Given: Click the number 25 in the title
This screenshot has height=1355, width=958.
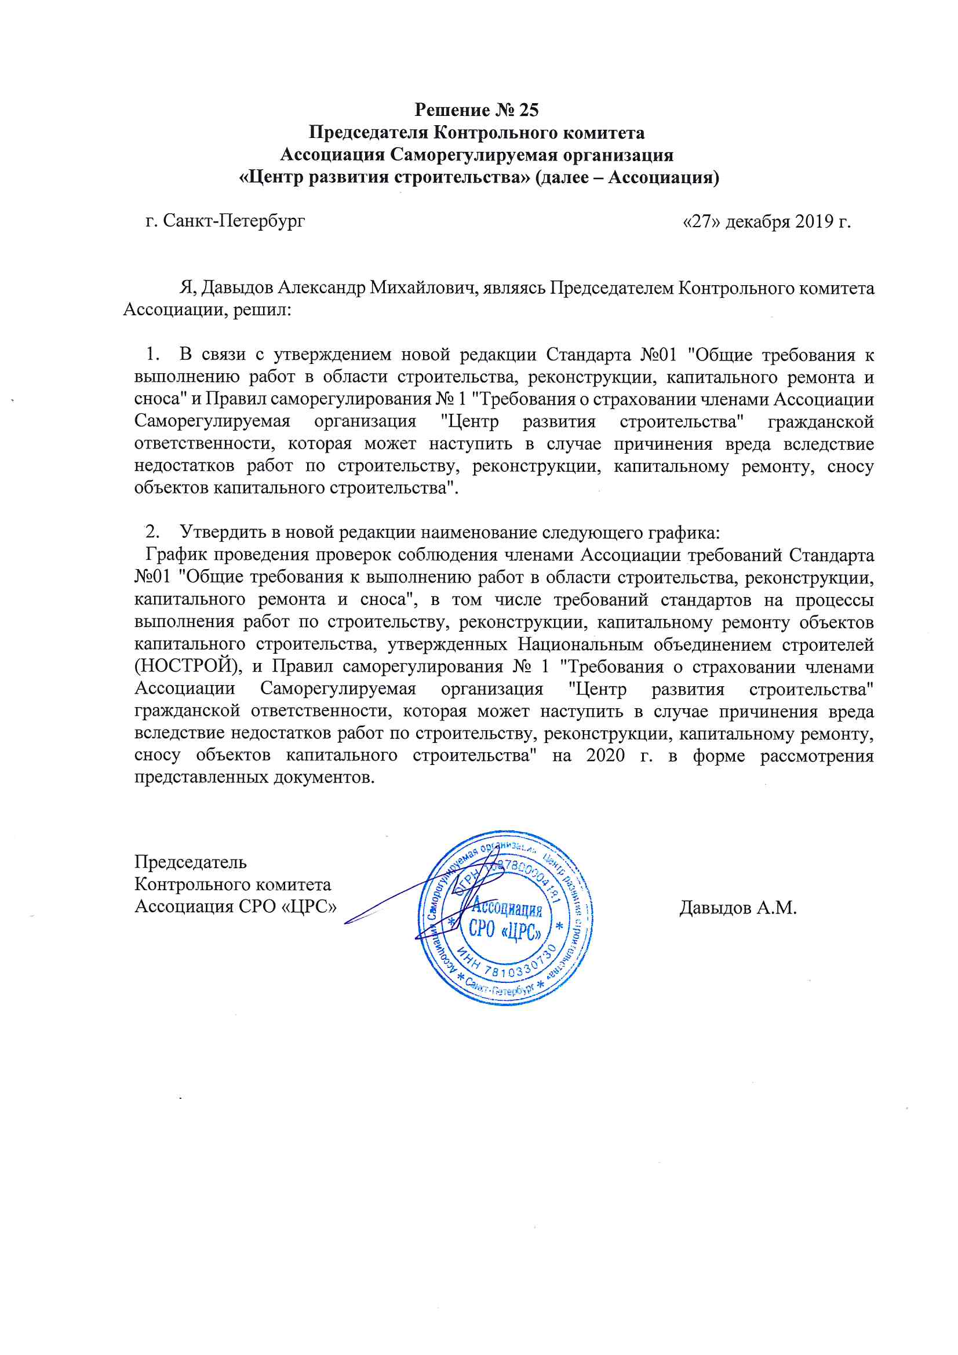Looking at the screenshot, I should coord(529,110).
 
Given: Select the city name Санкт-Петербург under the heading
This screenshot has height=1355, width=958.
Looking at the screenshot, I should coord(234,221).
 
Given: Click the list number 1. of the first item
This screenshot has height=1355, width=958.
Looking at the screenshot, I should coord(153,354).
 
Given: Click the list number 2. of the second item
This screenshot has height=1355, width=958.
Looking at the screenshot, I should coord(153,531).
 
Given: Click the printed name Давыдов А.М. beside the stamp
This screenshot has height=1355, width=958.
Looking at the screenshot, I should coord(738,907).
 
